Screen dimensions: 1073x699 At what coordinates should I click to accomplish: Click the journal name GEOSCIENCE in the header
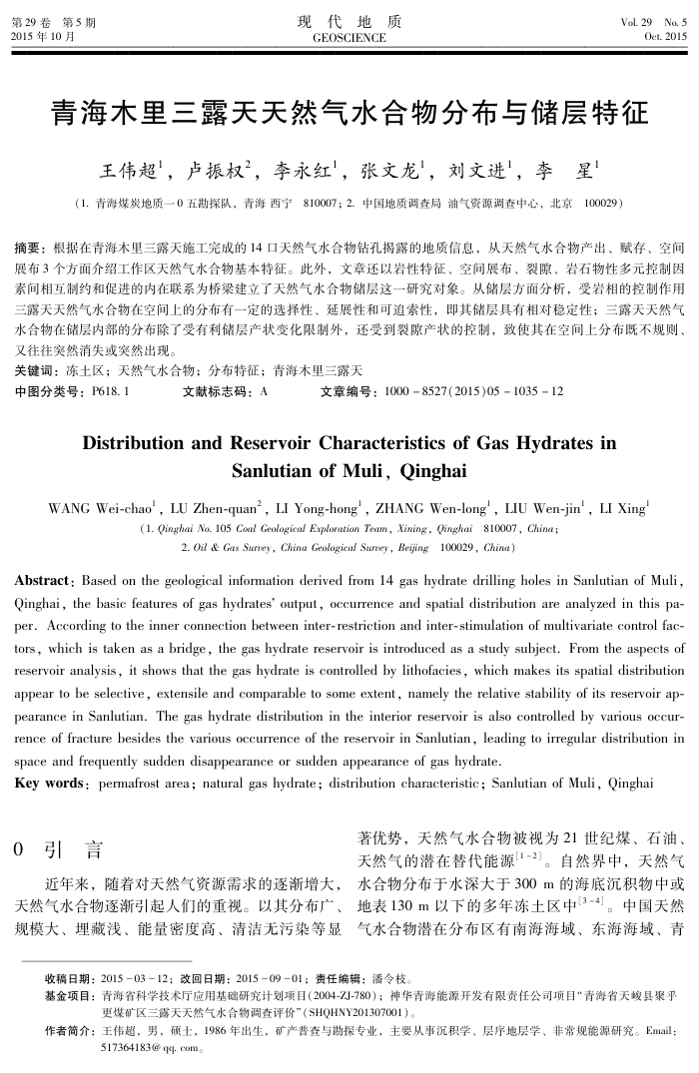click(x=349, y=37)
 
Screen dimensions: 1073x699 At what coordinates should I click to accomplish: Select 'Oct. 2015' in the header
click(x=665, y=36)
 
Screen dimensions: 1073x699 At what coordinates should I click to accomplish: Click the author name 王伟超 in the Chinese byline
click(x=129, y=171)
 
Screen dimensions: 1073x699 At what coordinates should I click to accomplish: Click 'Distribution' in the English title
click(x=143, y=442)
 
